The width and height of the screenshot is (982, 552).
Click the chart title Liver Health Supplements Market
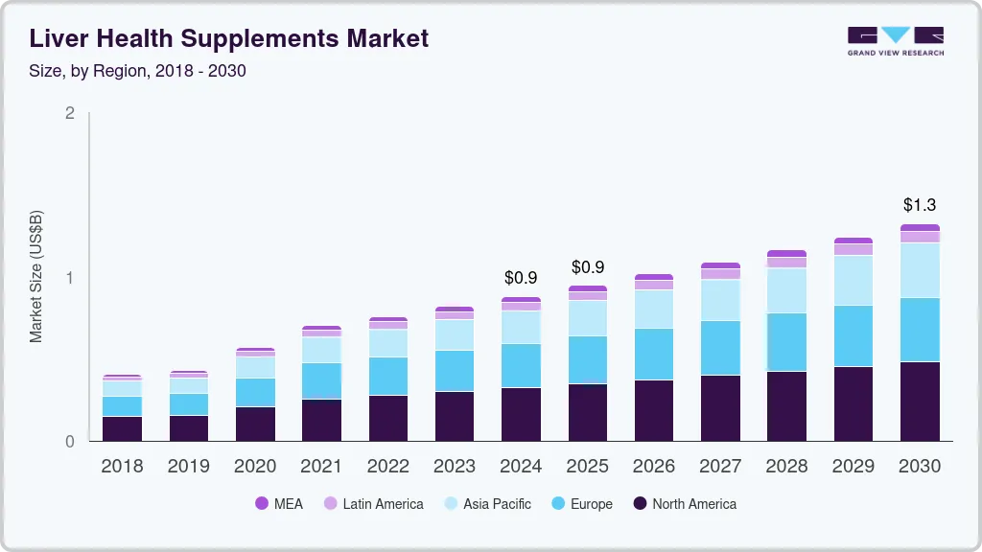[228, 38]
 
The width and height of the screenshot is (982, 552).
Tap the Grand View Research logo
[895, 40]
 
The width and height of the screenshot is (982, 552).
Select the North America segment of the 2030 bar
[920, 401]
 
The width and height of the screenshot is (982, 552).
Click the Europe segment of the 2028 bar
[786, 341]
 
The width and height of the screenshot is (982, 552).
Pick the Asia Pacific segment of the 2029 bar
[853, 280]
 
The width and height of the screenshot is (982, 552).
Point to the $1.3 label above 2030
[920, 205]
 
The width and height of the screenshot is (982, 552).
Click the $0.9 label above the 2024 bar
[521, 278]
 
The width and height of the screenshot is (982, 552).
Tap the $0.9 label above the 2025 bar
[588, 266]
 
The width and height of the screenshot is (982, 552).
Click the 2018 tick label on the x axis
[122, 467]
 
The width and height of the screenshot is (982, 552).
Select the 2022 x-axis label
[388, 467]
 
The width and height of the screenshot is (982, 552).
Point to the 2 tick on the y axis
[69, 113]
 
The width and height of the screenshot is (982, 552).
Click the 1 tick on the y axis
[69, 278]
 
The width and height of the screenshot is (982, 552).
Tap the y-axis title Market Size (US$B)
[35, 277]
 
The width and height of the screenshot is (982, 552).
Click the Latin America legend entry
[374, 504]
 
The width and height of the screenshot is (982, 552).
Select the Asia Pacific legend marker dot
[450, 504]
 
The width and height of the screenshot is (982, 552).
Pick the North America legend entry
[685, 504]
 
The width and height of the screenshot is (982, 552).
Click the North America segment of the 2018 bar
[122, 428]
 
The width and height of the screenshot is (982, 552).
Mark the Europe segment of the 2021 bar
[321, 380]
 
